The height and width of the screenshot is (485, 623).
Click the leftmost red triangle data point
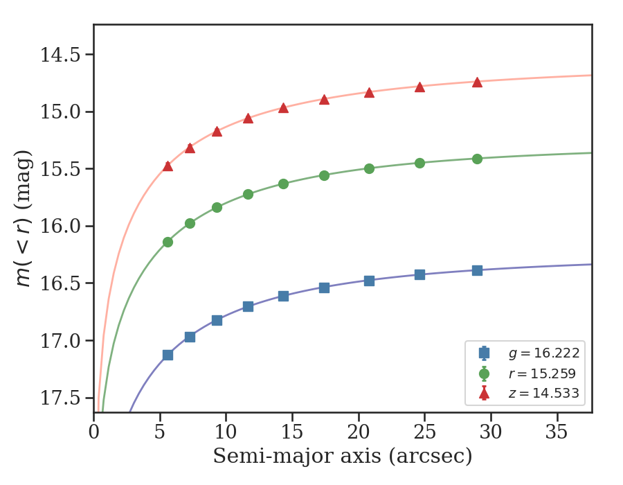click(x=168, y=166)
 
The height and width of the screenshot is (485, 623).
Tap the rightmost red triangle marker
click(x=477, y=82)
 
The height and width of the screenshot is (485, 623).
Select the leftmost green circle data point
click(x=168, y=242)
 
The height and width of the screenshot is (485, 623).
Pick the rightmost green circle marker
click(x=477, y=159)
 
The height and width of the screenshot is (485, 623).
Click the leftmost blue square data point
click(x=168, y=355)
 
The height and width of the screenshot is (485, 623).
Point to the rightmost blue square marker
click(x=477, y=270)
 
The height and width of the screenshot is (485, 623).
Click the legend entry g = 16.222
click(x=543, y=353)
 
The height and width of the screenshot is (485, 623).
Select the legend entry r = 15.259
click(x=543, y=374)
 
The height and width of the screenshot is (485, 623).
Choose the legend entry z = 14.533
click(x=543, y=394)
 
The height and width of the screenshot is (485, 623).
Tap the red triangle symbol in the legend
click(x=484, y=394)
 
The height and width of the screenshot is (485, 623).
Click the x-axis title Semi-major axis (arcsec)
click(x=343, y=457)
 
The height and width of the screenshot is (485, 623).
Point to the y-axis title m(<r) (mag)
click(x=24, y=218)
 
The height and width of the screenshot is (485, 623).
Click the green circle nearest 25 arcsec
click(x=419, y=164)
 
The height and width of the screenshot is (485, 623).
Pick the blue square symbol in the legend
click(x=484, y=353)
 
